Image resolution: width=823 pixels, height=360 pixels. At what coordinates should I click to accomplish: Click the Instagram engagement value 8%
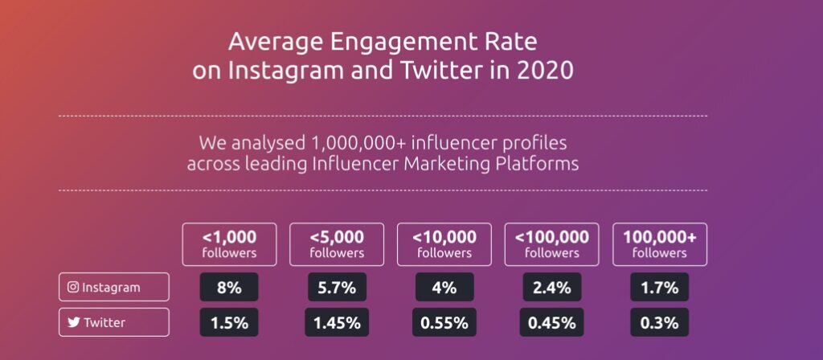(229, 287)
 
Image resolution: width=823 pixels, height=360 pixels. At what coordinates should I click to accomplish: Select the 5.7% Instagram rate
(338, 287)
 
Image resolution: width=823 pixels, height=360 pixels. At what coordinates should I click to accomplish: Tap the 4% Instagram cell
(445, 287)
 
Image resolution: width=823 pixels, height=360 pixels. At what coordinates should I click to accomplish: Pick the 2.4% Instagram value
(552, 287)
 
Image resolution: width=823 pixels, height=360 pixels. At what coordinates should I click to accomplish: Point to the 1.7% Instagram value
(660, 287)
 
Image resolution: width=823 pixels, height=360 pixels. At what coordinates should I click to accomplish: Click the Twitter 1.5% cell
(229, 322)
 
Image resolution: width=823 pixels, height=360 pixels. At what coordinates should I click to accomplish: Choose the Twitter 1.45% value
(338, 322)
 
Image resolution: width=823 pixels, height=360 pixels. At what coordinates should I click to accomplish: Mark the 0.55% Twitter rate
(445, 322)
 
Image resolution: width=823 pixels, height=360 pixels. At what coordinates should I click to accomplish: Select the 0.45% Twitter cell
(552, 322)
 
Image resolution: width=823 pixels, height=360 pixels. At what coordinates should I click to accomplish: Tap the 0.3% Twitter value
(660, 322)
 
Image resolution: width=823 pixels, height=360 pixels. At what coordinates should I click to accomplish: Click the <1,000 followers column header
(229, 244)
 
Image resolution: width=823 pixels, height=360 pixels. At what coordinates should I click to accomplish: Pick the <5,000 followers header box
(338, 244)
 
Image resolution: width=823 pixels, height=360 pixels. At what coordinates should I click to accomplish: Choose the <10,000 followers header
(445, 244)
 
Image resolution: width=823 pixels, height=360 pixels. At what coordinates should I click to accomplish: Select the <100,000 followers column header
(552, 244)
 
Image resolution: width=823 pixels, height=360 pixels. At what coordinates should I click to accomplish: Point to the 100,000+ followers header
(660, 244)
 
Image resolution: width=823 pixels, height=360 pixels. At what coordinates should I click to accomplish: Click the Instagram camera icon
(73, 287)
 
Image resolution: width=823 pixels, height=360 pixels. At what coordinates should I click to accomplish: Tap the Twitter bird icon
(73, 322)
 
